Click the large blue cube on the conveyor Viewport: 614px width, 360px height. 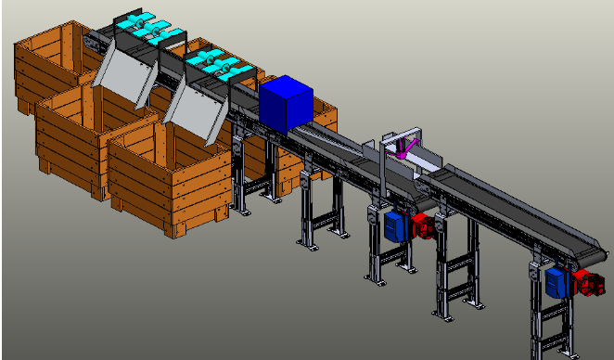pyautogui.click(x=288, y=103)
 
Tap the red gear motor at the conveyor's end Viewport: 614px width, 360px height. pyautogui.click(x=587, y=281)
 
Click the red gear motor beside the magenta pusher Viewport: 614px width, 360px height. pyautogui.click(x=425, y=225)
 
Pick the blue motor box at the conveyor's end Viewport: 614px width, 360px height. pyautogui.click(x=558, y=281)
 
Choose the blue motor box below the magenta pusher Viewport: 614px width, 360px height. pyautogui.click(x=397, y=225)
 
